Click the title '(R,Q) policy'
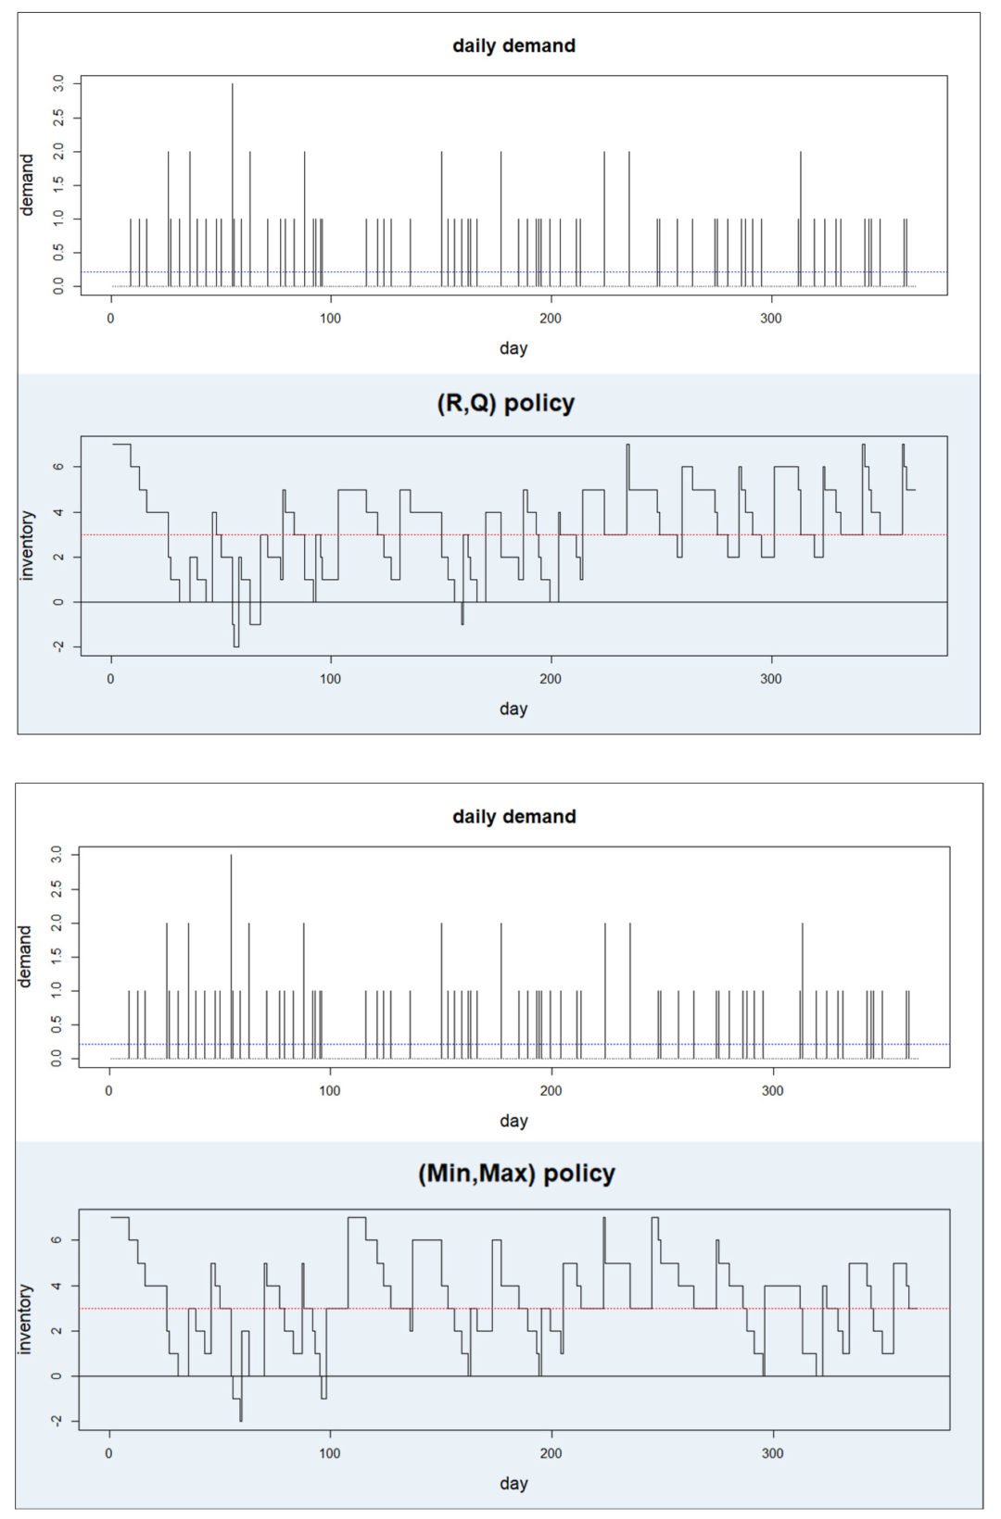[x=505, y=404]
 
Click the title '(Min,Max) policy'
[x=516, y=1174]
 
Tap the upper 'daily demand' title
[x=513, y=45]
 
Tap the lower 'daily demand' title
[x=513, y=816]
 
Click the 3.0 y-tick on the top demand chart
[x=58, y=84]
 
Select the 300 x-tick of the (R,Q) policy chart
[x=771, y=679]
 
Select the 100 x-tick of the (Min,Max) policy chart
[x=330, y=1453]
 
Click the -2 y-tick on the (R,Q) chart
[x=58, y=647]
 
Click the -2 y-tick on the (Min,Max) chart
[x=57, y=1421]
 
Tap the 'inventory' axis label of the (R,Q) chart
[x=27, y=546]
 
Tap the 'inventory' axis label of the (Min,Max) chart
[x=25, y=1319]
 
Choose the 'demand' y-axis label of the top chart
[x=27, y=184]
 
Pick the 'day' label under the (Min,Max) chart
[x=513, y=1483]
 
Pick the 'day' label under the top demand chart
[x=513, y=348]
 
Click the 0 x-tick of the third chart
[x=109, y=1090]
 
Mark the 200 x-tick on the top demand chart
[x=551, y=319]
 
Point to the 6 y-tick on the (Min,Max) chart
[x=57, y=1240]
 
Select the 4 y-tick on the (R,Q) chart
[x=58, y=512]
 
